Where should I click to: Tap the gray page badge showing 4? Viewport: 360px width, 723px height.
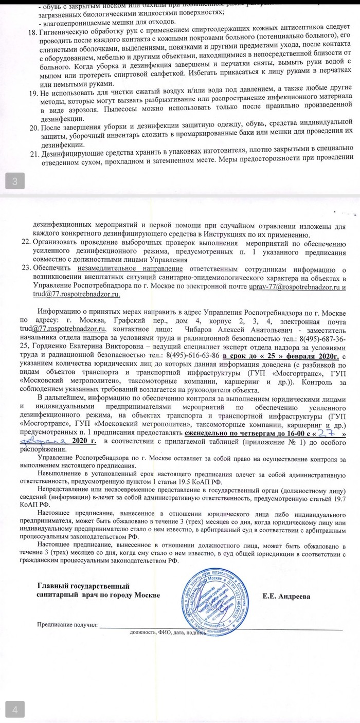point(15,711)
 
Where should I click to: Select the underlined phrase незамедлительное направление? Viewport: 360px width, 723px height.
point(130,268)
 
